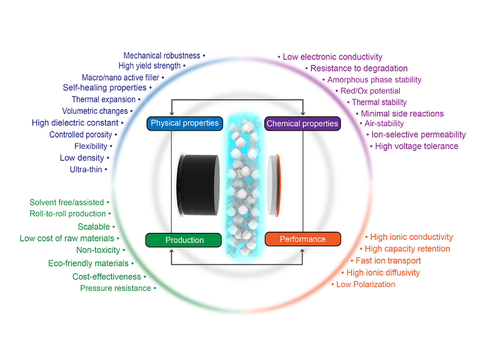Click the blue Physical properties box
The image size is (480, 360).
(185, 123)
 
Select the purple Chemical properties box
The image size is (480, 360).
(302, 124)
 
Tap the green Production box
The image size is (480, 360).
(185, 240)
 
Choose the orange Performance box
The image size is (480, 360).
(303, 239)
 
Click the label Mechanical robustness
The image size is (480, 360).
(162, 56)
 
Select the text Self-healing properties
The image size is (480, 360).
(105, 88)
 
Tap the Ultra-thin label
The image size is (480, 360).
(86, 169)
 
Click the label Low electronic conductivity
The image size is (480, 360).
(333, 57)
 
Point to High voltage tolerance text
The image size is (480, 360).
(417, 146)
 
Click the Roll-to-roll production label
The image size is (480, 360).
(68, 214)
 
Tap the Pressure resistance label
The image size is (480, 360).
(116, 288)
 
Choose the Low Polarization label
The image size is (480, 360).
(366, 285)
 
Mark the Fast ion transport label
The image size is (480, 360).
(388, 261)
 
